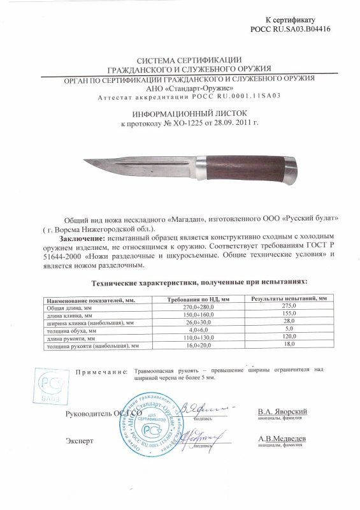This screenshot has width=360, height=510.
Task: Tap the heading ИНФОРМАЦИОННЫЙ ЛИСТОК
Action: click(x=179, y=110)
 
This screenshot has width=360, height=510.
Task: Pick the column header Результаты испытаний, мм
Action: click(x=288, y=299)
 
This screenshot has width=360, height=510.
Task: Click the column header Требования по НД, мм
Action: click(x=197, y=299)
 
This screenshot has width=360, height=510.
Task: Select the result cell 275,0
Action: click(x=288, y=307)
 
